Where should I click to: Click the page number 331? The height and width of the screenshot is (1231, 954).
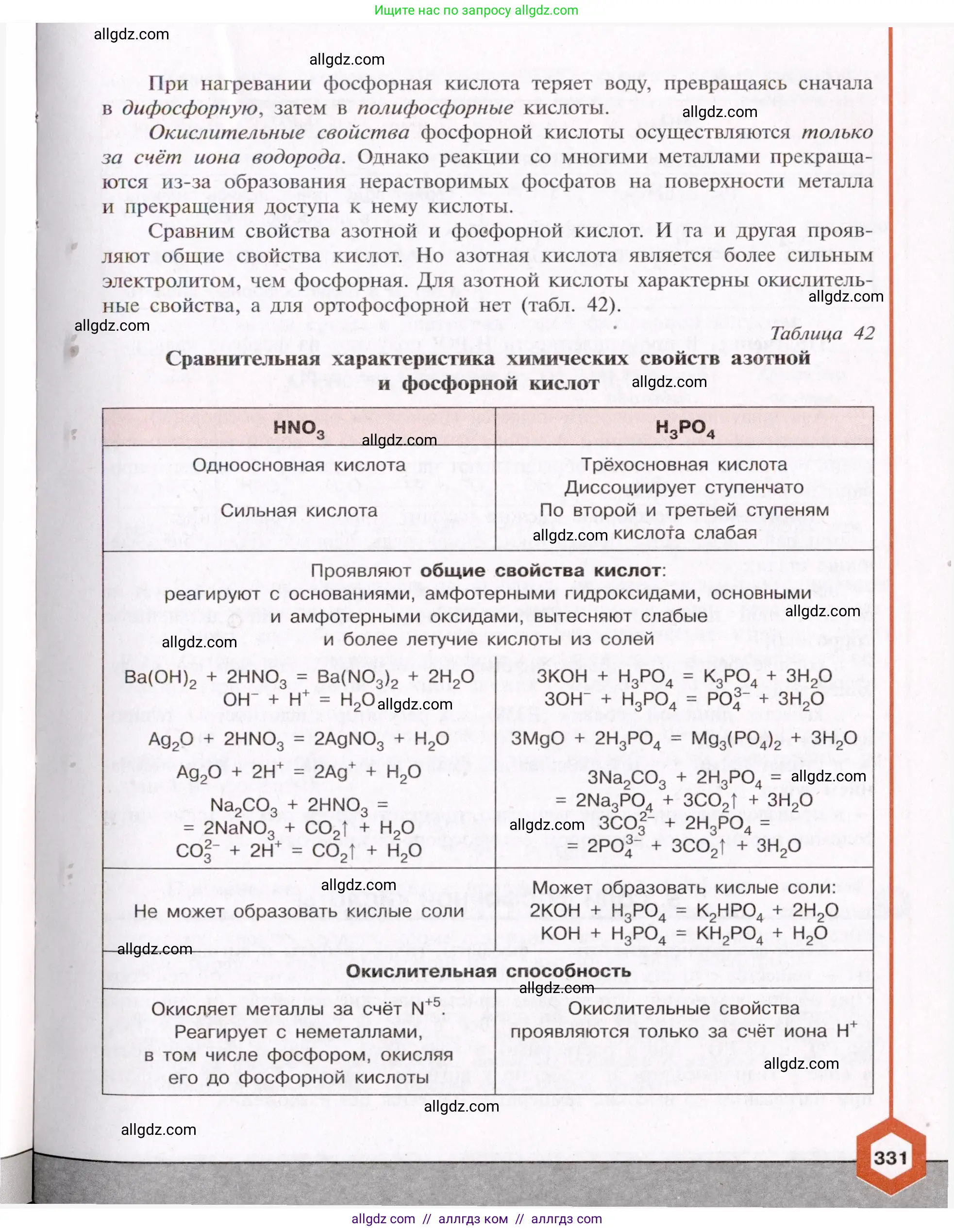(x=890, y=1158)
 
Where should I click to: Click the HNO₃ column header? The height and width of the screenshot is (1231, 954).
(x=299, y=428)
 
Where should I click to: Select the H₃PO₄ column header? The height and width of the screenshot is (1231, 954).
(x=685, y=428)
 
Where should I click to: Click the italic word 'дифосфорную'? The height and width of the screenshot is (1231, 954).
(x=190, y=108)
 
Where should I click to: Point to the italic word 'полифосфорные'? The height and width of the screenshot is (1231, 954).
(x=435, y=108)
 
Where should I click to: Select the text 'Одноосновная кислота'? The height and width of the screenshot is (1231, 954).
(x=299, y=465)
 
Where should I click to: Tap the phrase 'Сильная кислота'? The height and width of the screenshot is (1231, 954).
(x=299, y=511)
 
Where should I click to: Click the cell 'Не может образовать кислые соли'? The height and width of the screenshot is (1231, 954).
(x=299, y=911)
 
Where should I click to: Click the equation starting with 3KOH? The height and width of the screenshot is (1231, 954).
(x=684, y=676)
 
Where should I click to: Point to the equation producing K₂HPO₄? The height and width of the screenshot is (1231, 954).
(x=684, y=911)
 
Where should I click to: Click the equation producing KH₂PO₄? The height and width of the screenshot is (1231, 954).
(x=684, y=934)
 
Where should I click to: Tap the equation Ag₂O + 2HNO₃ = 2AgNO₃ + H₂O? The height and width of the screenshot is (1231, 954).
(x=299, y=739)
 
